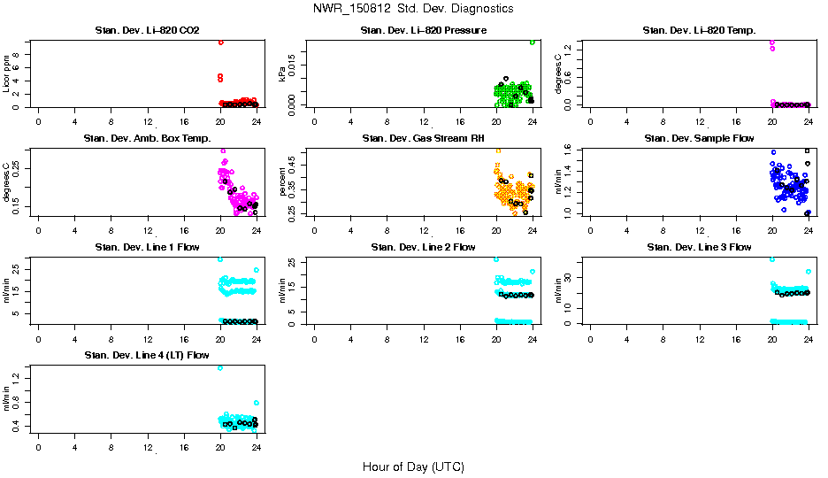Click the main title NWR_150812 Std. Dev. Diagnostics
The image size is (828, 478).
(x=413, y=8)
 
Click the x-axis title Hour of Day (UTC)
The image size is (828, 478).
(x=413, y=466)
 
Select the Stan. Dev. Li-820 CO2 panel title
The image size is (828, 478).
(x=147, y=31)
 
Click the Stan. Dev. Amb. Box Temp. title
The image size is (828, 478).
(x=147, y=139)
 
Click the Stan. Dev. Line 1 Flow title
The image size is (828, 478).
(x=147, y=247)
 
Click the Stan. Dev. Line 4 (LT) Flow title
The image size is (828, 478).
(x=147, y=355)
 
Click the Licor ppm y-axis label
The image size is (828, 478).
(x=7, y=73)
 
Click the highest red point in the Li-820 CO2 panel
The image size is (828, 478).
(x=220, y=42)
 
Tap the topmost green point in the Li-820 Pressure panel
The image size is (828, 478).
(x=533, y=42)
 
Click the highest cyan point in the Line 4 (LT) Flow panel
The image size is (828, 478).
(x=220, y=367)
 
